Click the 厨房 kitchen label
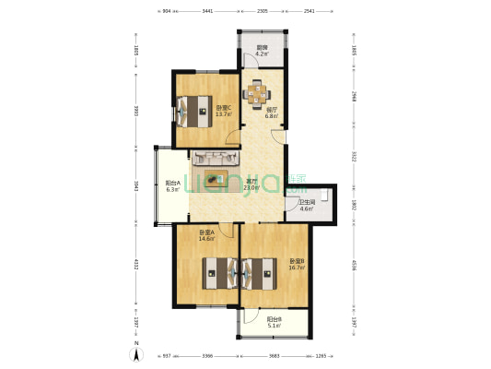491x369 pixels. pos(263,50)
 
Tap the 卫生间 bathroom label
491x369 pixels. pos(307,204)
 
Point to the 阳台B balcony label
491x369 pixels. pos(275,321)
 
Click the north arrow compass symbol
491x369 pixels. pos(137,351)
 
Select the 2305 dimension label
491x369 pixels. pos(262,11)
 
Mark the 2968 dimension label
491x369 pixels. pos(354,97)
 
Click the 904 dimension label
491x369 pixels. pos(166,11)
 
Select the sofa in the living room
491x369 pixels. pos(220,158)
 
